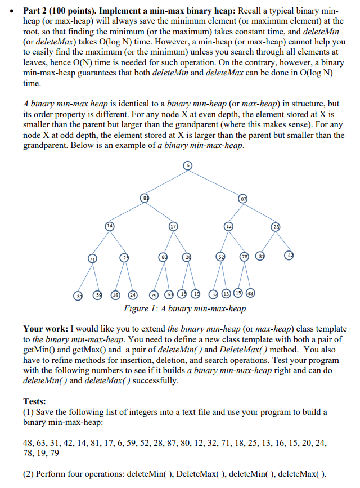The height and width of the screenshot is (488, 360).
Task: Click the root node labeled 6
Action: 188,165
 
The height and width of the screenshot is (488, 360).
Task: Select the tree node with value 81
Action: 145,198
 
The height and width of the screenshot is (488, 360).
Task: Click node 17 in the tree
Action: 174,226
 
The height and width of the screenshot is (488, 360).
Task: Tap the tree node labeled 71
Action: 91,258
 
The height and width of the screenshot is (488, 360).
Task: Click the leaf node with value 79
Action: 154,294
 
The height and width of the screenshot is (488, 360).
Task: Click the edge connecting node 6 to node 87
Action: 216,181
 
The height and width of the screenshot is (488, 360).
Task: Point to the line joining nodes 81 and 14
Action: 127,212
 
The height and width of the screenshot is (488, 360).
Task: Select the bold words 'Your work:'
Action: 45,329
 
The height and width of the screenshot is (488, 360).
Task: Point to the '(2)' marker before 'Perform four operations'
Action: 29,473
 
